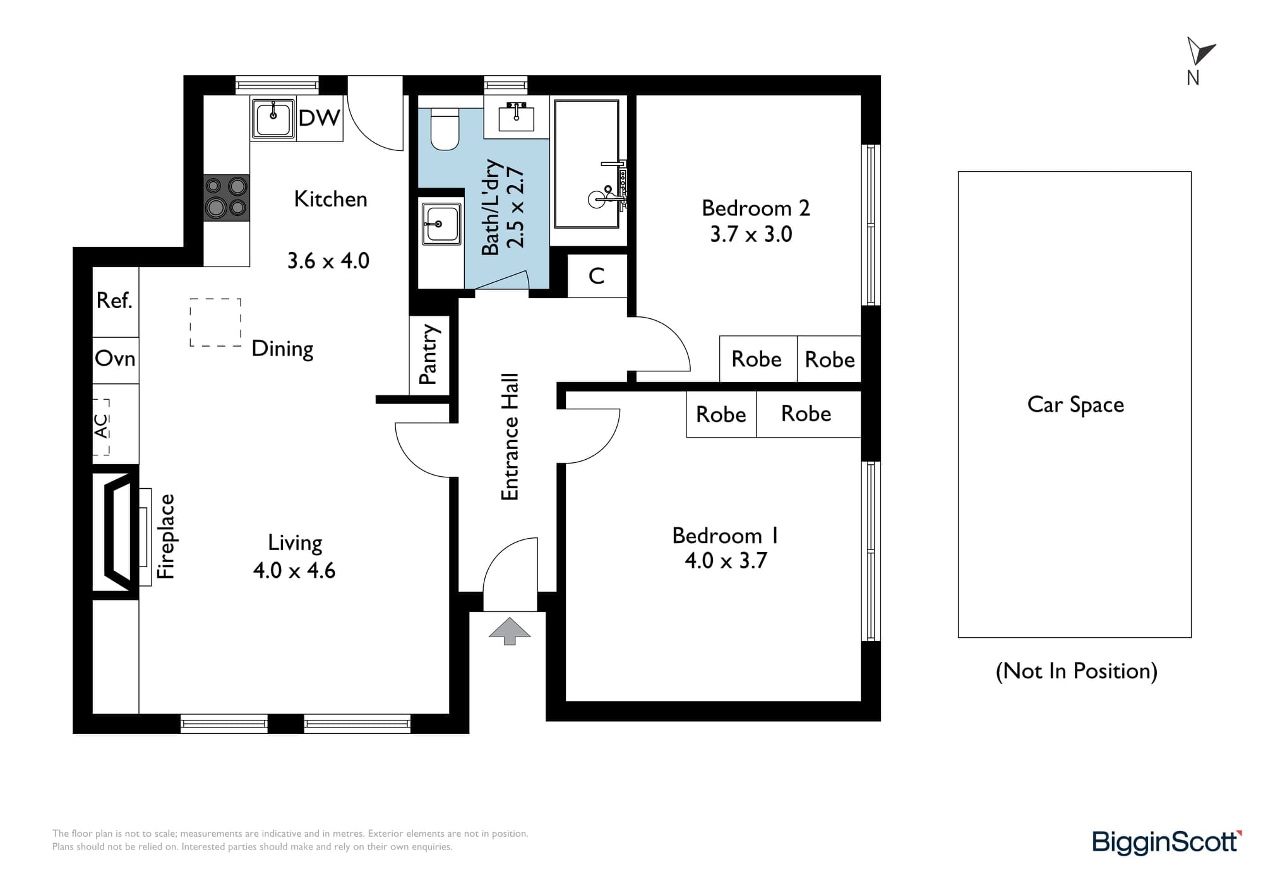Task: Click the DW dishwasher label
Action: pos(319,118)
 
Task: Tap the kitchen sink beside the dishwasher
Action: pos(273,118)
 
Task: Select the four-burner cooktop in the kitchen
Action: pos(227,198)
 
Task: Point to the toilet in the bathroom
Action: pos(445,129)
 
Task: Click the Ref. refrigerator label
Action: pos(114,301)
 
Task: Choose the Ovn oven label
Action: pos(115,359)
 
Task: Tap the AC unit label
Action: pos(101,426)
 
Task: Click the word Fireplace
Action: pos(165,536)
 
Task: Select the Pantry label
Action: pos(428,354)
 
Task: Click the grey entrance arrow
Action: pos(510,631)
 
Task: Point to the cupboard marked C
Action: pos(597,275)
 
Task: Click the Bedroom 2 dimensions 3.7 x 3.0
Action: pos(751,234)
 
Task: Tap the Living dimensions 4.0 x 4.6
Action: pos(294,570)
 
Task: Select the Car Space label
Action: pos(1075,405)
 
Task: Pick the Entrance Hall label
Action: pos(510,437)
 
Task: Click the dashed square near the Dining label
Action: pos(215,322)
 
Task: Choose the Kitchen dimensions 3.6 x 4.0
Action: pos(328,261)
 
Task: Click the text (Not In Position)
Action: pos(1077,671)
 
